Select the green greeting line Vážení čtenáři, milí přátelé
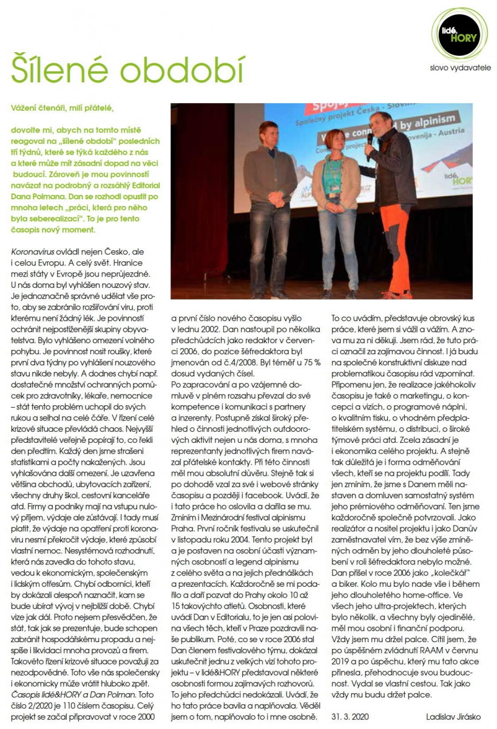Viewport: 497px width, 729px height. pos(72,108)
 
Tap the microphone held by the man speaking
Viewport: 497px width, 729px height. pos(369,146)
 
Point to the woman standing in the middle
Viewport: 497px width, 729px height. pos(336,207)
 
